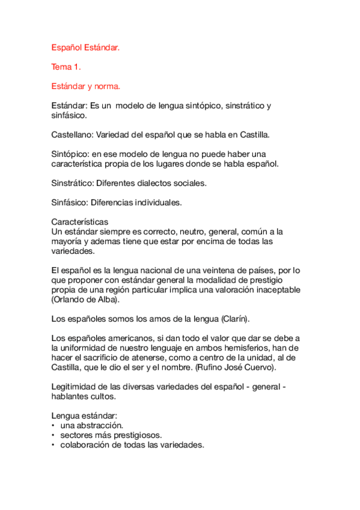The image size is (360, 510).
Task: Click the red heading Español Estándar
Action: pos(85,46)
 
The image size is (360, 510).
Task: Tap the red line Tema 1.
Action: pos(66,66)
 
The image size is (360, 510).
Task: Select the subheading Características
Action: pos(79,222)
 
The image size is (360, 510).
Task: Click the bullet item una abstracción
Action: pos(91,426)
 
